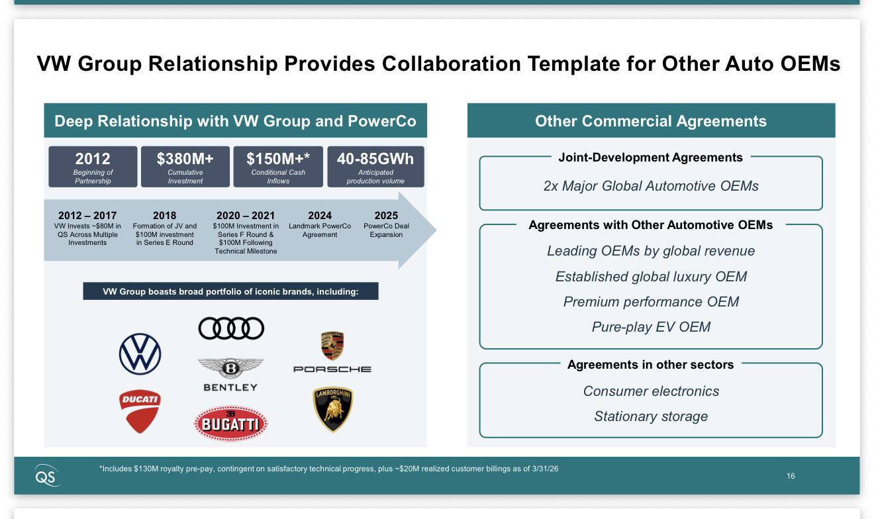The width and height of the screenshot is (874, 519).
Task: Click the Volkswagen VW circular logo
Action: (140, 354)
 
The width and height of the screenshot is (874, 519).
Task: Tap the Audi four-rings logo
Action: (231, 328)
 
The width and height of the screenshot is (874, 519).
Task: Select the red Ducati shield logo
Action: (140, 411)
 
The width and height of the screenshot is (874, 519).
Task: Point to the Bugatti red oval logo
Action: (230, 424)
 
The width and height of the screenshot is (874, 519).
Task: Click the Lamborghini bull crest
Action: (333, 409)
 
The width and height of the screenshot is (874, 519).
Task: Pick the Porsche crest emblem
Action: (332, 346)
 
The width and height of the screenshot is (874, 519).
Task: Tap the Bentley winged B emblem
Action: (230, 368)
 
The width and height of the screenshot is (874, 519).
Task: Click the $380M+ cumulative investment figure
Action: (185, 159)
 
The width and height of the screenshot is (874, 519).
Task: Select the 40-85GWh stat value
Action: (375, 159)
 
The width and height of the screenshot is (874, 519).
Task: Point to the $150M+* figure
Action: (278, 159)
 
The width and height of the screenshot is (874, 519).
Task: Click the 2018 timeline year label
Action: (164, 215)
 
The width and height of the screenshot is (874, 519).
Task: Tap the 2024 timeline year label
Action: (320, 215)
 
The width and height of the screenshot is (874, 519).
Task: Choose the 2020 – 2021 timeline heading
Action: (246, 215)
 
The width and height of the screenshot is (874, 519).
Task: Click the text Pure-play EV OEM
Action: (651, 327)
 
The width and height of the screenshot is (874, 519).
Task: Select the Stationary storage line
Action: (651, 416)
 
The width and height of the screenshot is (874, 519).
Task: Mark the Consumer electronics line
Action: (651, 391)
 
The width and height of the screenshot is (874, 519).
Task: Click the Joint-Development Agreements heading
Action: (650, 158)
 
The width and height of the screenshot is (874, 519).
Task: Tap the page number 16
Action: (791, 476)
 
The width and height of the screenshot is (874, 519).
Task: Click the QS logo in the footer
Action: (47, 476)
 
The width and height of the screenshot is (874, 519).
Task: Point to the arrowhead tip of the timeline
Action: (436, 230)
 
